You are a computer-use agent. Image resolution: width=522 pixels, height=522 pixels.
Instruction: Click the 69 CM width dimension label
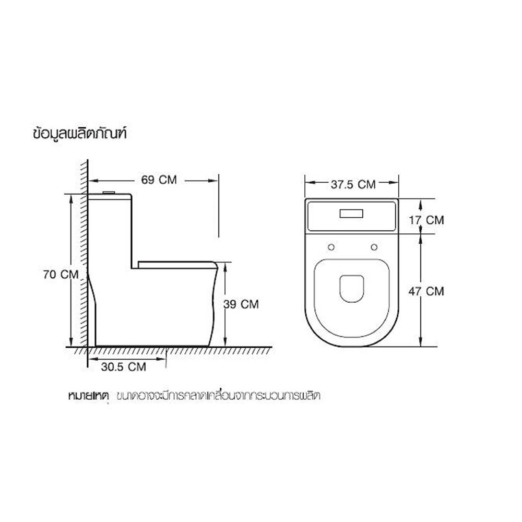coord(159,180)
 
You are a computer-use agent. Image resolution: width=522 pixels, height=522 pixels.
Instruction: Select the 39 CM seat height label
coord(241,304)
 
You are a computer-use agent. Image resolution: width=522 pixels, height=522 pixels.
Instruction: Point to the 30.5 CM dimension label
coord(124,366)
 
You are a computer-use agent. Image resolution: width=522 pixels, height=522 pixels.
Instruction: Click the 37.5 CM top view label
coord(353,184)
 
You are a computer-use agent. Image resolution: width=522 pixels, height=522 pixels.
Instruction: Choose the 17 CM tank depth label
coord(426,220)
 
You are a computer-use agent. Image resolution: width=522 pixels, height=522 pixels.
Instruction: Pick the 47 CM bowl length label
coord(426,291)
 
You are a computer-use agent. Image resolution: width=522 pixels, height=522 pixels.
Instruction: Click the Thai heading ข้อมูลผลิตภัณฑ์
coord(80,134)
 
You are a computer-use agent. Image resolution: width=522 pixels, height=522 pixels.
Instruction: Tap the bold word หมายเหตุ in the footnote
coord(88,395)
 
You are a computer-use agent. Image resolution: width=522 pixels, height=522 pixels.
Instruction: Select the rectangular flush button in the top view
coord(352,213)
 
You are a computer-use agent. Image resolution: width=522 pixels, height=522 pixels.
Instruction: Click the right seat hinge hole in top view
coord(374,247)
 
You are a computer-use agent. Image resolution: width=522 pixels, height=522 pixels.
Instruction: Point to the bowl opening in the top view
coord(352,288)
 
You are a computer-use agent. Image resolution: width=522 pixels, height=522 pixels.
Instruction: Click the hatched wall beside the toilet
coord(82,261)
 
